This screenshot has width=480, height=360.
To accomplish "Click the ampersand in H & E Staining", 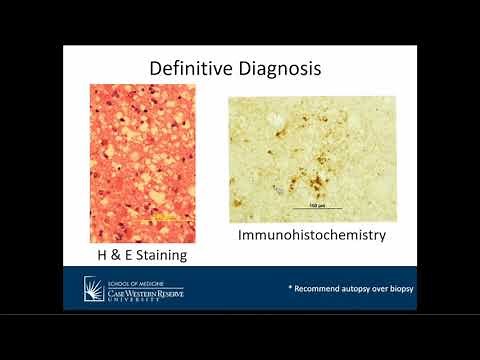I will coord(115,256).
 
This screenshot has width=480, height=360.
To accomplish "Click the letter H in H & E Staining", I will coord(98,256).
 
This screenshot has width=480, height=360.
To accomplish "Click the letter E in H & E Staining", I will coord(130,256).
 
